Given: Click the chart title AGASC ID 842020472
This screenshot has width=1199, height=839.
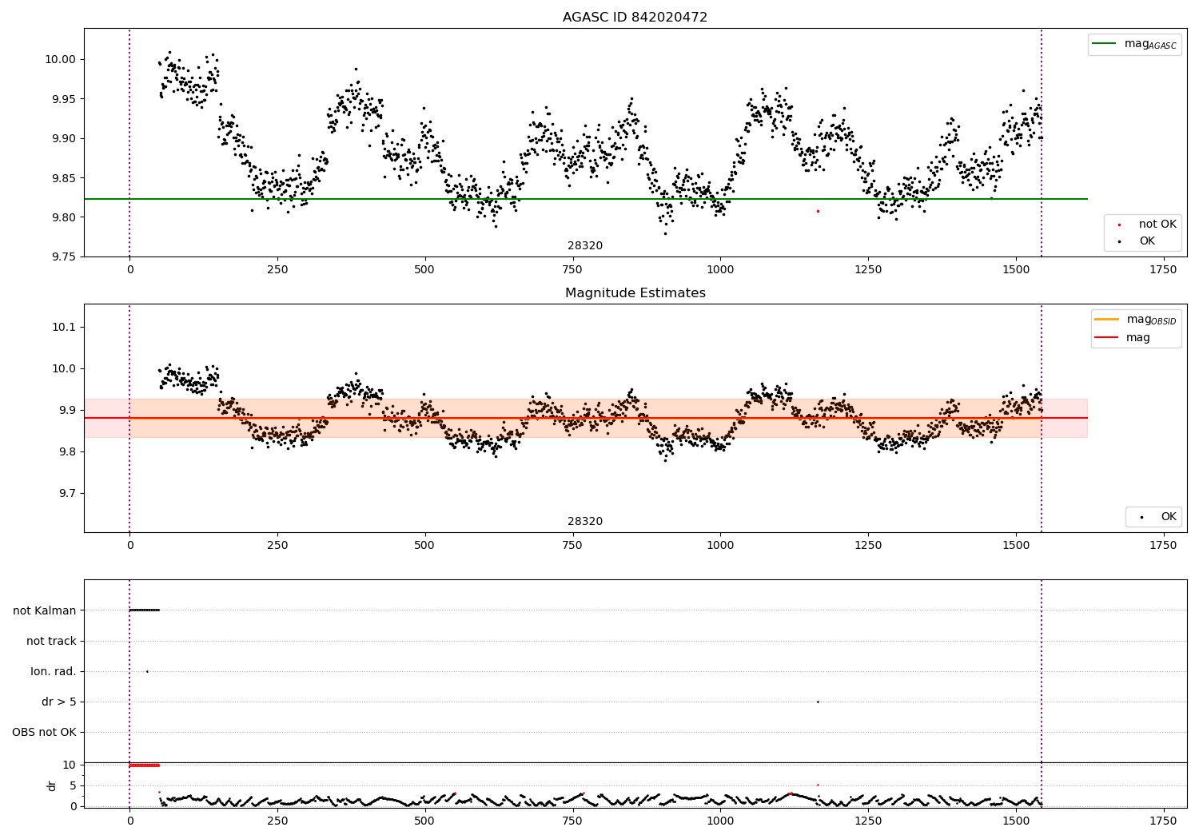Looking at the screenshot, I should pyautogui.click(x=635, y=18).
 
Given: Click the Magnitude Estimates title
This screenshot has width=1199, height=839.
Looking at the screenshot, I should pyautogui.click(x=635, y=293).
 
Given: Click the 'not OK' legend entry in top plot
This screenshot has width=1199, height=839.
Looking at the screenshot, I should pyautogui.click(x=1157, y=225).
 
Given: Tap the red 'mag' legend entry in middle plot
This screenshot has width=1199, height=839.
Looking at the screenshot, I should pyautogui.click(x=1137, y=338).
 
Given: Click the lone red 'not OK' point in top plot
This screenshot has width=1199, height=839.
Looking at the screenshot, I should pyautogui.click(x=818, y=211).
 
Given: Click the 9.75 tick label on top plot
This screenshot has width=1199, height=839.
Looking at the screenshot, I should pyautogui.click(x=61, y=256).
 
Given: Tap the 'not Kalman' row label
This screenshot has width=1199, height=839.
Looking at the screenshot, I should pyautogui.click(x=45, y=610).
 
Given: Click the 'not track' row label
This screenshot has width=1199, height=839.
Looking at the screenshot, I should pyautogui.click(x=51, y=641).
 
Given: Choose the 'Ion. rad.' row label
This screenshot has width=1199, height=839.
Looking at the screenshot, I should pyautogui.click(x=54, y=671).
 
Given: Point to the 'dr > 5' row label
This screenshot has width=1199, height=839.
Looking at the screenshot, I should pyautogui.click(x=58, y=702).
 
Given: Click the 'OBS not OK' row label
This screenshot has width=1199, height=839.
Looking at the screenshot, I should pyautogui.click(x=44, y=732).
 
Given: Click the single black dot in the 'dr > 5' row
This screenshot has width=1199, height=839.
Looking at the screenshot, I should pyautogui.click(x=818, y=702).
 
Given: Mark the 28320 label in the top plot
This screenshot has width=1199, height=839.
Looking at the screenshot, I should pyautogui.click(x=585, y=246).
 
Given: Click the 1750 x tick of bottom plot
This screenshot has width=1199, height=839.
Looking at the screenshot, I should pyautogui.click(x=1163, y=821).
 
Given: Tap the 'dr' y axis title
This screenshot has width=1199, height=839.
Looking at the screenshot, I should pyautogui.click(x=52, y=785).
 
